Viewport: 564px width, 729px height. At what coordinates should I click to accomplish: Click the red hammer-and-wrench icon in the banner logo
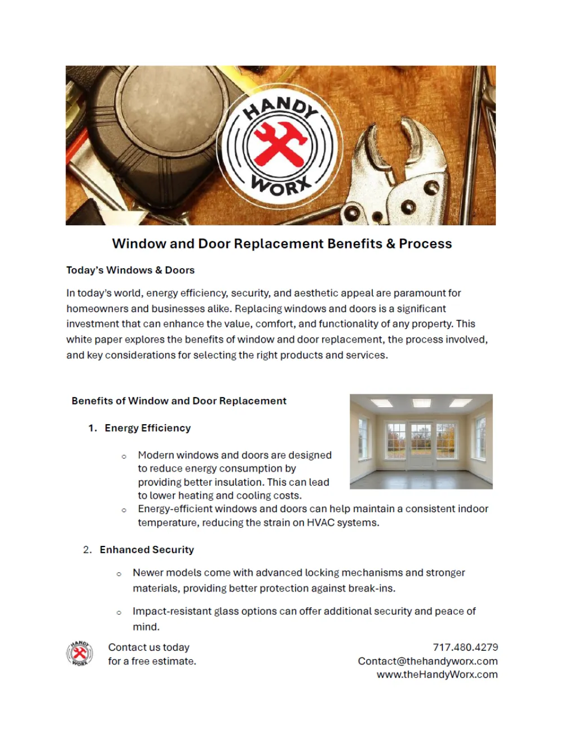tap(280, 145)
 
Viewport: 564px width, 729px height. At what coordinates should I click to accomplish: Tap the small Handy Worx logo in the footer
tap(80, 654)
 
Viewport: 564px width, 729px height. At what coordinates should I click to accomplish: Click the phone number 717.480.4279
tap(465, 647)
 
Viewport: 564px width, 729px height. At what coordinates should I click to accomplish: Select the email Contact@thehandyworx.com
tap(428, 661)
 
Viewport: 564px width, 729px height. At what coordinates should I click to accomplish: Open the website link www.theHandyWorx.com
tap(437, 674)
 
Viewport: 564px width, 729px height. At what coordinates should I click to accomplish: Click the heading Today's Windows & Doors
tap(130, 270)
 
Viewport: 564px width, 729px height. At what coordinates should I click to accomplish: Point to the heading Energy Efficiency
tap(148, 428)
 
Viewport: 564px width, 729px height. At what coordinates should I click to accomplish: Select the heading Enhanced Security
tap(147, 549)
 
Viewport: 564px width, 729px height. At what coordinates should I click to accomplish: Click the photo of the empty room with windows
tap(421, 441)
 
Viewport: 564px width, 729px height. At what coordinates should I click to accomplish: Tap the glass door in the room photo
tap(421, 445)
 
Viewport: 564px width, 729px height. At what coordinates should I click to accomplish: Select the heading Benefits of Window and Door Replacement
tap(179, 401)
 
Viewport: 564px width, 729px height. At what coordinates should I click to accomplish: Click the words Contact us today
tap(149, 647)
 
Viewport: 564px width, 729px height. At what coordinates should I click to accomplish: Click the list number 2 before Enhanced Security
tap(87, 549)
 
